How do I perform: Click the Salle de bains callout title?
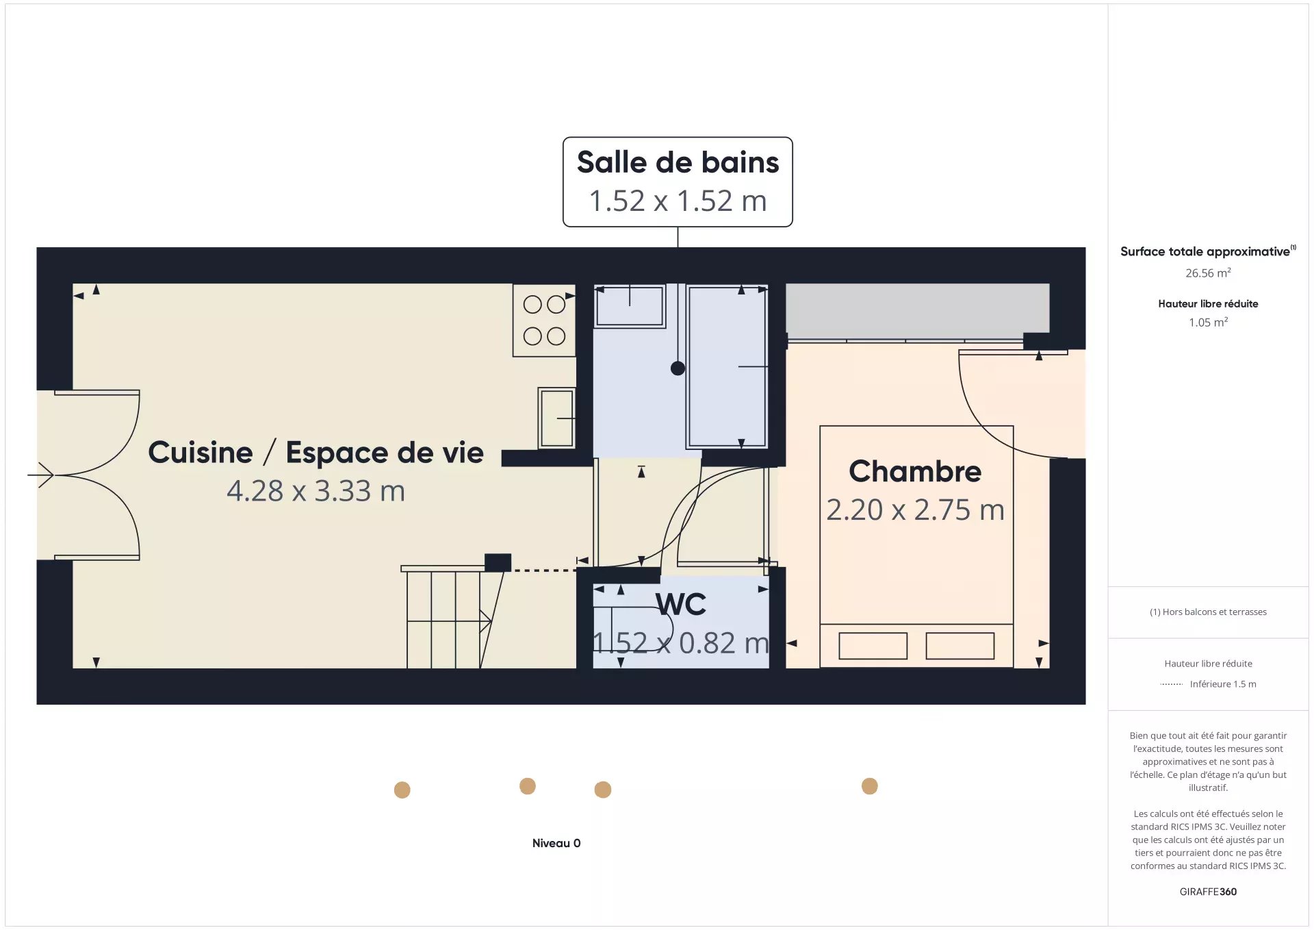678,162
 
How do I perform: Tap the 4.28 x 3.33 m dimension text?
315,491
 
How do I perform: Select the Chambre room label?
915,471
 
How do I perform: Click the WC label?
680,604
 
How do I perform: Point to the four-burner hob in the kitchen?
544,320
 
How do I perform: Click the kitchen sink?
556,418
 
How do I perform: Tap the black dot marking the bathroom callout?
678,368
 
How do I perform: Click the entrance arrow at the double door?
40,475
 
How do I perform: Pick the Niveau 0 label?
556,843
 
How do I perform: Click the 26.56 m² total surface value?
1208,273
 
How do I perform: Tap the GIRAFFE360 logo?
1208,892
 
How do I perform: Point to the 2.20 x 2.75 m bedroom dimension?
915,510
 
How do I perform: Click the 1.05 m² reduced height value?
1208,322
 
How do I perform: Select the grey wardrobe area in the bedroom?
917,311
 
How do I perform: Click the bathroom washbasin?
630,306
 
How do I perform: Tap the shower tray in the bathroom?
727,366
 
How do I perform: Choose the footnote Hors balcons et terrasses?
1208,612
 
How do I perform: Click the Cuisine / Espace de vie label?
315,453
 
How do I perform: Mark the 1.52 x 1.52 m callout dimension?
678,201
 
